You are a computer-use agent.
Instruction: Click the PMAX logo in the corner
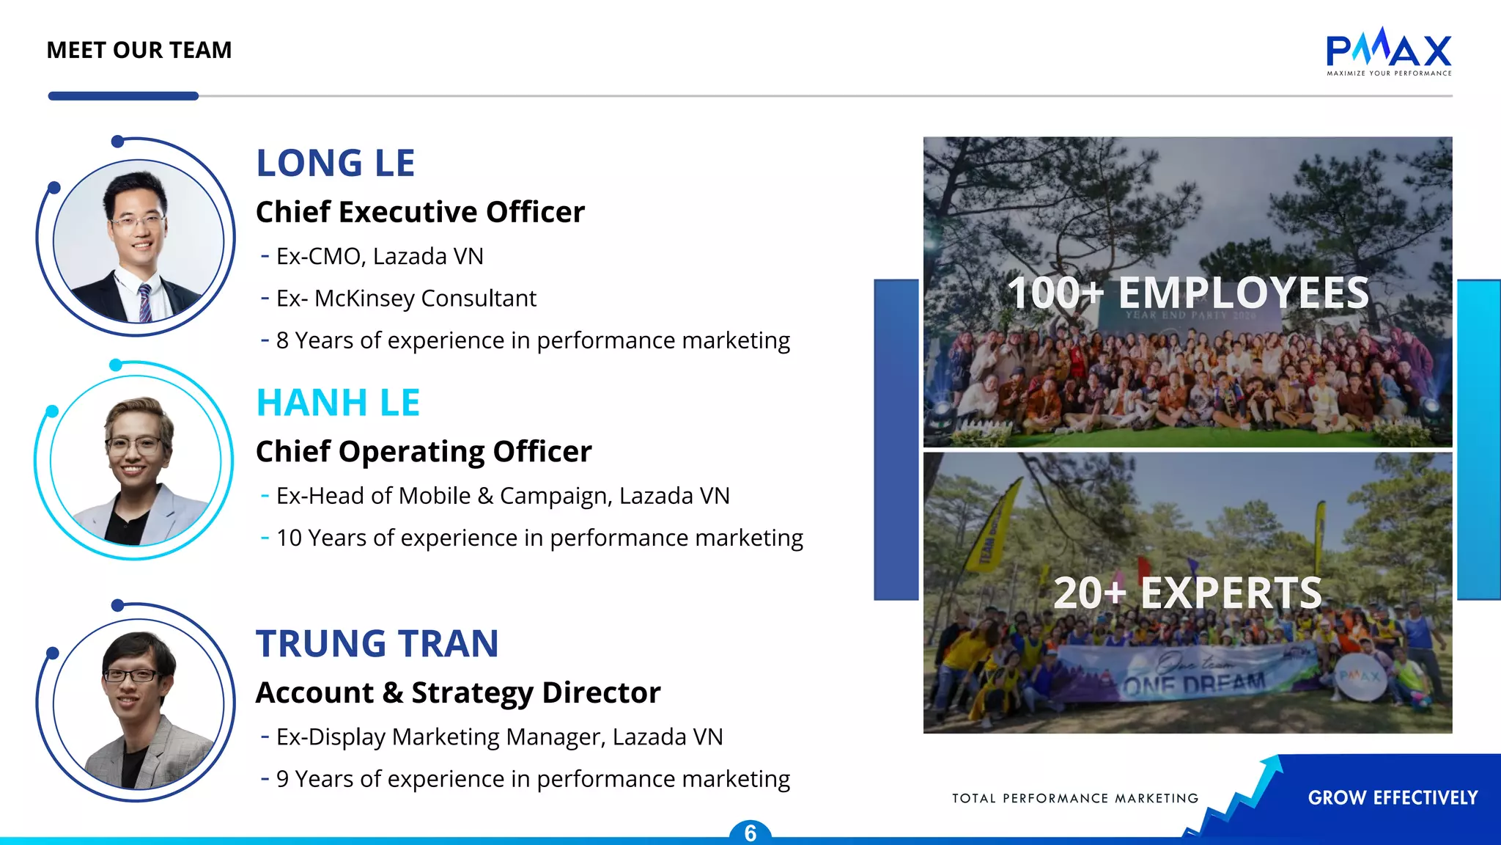click(1388, 51)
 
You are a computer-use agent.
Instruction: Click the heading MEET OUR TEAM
click(139, 50)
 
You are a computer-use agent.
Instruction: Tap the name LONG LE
click(335, 163)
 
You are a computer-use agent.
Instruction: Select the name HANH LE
click(338, 403)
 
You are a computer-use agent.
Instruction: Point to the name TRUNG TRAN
click(377, 643)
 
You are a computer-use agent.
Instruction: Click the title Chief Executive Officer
click(420, 212)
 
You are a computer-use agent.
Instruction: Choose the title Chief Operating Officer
click(424, 451)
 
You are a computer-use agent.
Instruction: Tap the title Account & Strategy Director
click(458, 692)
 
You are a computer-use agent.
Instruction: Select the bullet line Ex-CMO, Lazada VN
click(380, 257)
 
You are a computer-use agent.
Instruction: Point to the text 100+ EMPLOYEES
click(1187, 293)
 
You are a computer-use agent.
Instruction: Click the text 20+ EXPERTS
click(1187, 593)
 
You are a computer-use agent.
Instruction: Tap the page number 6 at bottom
click(750, 833)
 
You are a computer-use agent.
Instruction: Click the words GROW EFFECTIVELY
click(1393, 797)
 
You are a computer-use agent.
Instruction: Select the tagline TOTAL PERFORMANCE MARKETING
click(1075, 798)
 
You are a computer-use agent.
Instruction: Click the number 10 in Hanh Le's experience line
click(289, 538)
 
